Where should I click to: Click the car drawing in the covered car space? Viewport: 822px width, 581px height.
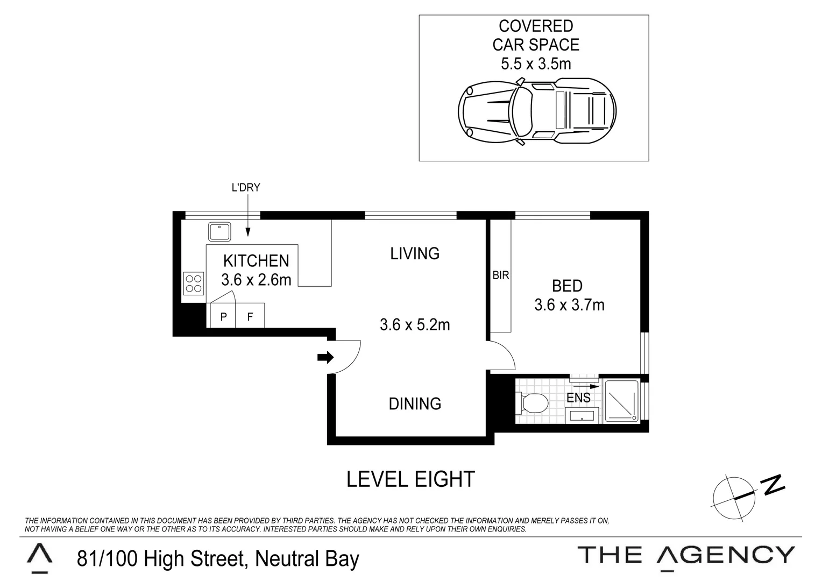click(536, 111)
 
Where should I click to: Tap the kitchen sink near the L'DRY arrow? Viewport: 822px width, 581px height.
click(219, 232)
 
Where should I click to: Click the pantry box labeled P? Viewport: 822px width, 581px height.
click(223, 317)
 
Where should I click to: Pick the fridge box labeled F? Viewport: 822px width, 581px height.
click(250, 317)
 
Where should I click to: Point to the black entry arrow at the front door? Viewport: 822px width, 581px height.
click(325, 357)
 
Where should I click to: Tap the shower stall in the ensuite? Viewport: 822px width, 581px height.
click(622, 401)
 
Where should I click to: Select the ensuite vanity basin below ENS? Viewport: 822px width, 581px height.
click(582, 415)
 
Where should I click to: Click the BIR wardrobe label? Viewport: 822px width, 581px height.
click(500, 275)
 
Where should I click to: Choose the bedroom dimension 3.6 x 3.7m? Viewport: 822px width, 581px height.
click(569, 305)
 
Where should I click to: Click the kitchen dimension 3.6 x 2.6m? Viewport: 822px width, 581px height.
click(256, 280)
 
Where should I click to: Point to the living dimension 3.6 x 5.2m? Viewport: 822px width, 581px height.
click(415, 325)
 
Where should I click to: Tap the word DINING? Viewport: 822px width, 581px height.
click(415, 403)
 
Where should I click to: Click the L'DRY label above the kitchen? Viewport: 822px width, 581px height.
click(245, 188)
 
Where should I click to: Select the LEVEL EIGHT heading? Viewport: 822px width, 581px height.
click(410, 479)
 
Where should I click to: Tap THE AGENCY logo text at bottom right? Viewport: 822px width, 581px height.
click(686, 554)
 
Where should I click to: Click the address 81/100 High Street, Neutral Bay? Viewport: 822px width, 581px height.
click(218, 558)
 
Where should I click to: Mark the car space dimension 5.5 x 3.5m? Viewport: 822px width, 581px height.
click(536, 64)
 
